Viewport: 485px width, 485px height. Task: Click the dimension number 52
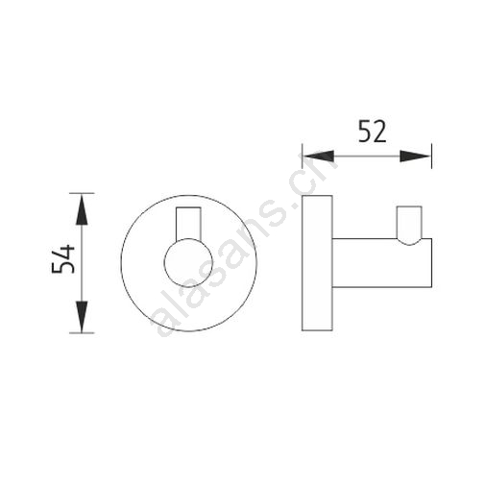point(372,132)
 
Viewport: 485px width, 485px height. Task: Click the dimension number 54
point(63,258)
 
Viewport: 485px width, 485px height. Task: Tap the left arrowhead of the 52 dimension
point(319,157)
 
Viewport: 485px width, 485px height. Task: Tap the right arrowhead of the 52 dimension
point(416,157)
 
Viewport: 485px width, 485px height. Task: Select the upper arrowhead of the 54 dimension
point(82,209)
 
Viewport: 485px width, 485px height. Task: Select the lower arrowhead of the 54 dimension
point(82,317)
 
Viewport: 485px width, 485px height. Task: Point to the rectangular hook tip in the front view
point(188,223)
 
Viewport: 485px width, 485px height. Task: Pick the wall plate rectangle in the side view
point(317,262)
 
